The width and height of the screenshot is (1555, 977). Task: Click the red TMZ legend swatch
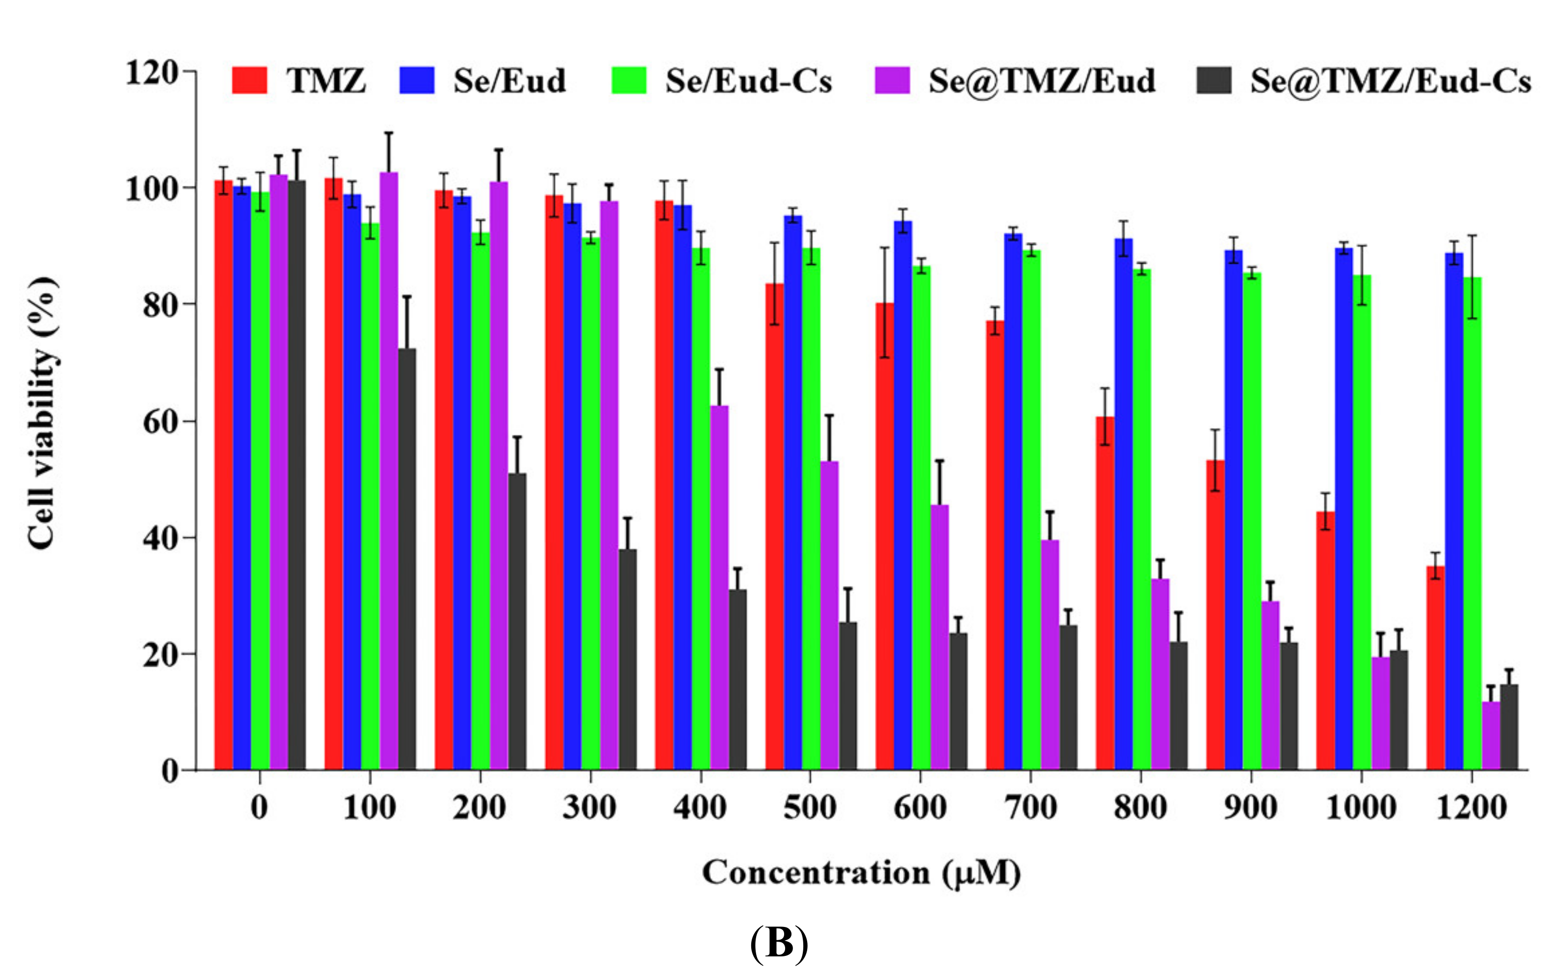249,80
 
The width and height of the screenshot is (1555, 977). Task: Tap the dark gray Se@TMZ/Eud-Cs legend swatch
1213,80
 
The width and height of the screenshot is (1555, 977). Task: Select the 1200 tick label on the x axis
1471,808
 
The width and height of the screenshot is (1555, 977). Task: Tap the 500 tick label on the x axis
810,808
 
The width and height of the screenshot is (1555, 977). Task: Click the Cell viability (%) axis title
43,413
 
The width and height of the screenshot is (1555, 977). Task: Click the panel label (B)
779,944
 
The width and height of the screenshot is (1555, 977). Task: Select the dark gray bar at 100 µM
407,558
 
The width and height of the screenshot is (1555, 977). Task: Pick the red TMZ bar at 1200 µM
1435,668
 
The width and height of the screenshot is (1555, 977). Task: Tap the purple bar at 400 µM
719,587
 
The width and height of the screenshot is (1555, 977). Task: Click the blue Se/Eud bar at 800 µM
1123,503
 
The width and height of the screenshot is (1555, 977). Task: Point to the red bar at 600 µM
885,536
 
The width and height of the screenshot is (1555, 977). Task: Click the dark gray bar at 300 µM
627,659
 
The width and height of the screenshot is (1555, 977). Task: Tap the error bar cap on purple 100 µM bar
388,133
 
